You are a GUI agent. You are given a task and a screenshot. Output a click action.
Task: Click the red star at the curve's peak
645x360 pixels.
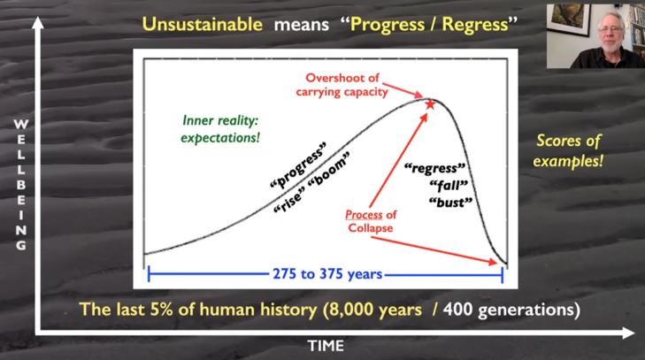[x=430, y=104]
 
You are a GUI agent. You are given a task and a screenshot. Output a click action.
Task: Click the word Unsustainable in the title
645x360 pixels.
[x=203, y=24]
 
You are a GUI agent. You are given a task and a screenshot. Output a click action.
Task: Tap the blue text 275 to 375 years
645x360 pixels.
[x=327, y=274]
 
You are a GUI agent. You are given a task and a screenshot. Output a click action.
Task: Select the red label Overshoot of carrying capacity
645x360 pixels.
[x=342, y=85]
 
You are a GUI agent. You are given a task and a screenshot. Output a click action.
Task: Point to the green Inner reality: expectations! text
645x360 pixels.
[x=220, y=129]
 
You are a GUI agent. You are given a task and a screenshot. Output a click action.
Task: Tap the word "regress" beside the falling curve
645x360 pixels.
[x=434, y=168]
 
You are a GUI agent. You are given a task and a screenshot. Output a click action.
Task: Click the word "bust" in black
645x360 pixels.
[x=450, y=203]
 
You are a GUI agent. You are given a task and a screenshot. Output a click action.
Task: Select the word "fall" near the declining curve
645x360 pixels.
[x=449, y=186]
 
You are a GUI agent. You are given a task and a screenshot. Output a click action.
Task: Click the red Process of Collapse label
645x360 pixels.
[x=370, y=221]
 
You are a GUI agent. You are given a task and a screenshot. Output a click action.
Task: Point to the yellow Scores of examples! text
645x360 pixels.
[x=568, y=150]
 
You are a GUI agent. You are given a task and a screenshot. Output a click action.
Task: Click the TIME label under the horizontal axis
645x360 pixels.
[x=326, y=346]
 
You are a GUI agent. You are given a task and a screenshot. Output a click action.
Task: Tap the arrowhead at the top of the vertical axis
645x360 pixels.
[x=38, y=22]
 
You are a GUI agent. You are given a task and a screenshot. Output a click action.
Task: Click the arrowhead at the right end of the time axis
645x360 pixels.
[x=629, y=333]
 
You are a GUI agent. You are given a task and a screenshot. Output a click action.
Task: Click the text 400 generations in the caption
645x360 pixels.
[x=511, y=310]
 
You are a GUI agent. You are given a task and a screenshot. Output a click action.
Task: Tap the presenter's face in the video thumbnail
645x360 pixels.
[x=610, y=34]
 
